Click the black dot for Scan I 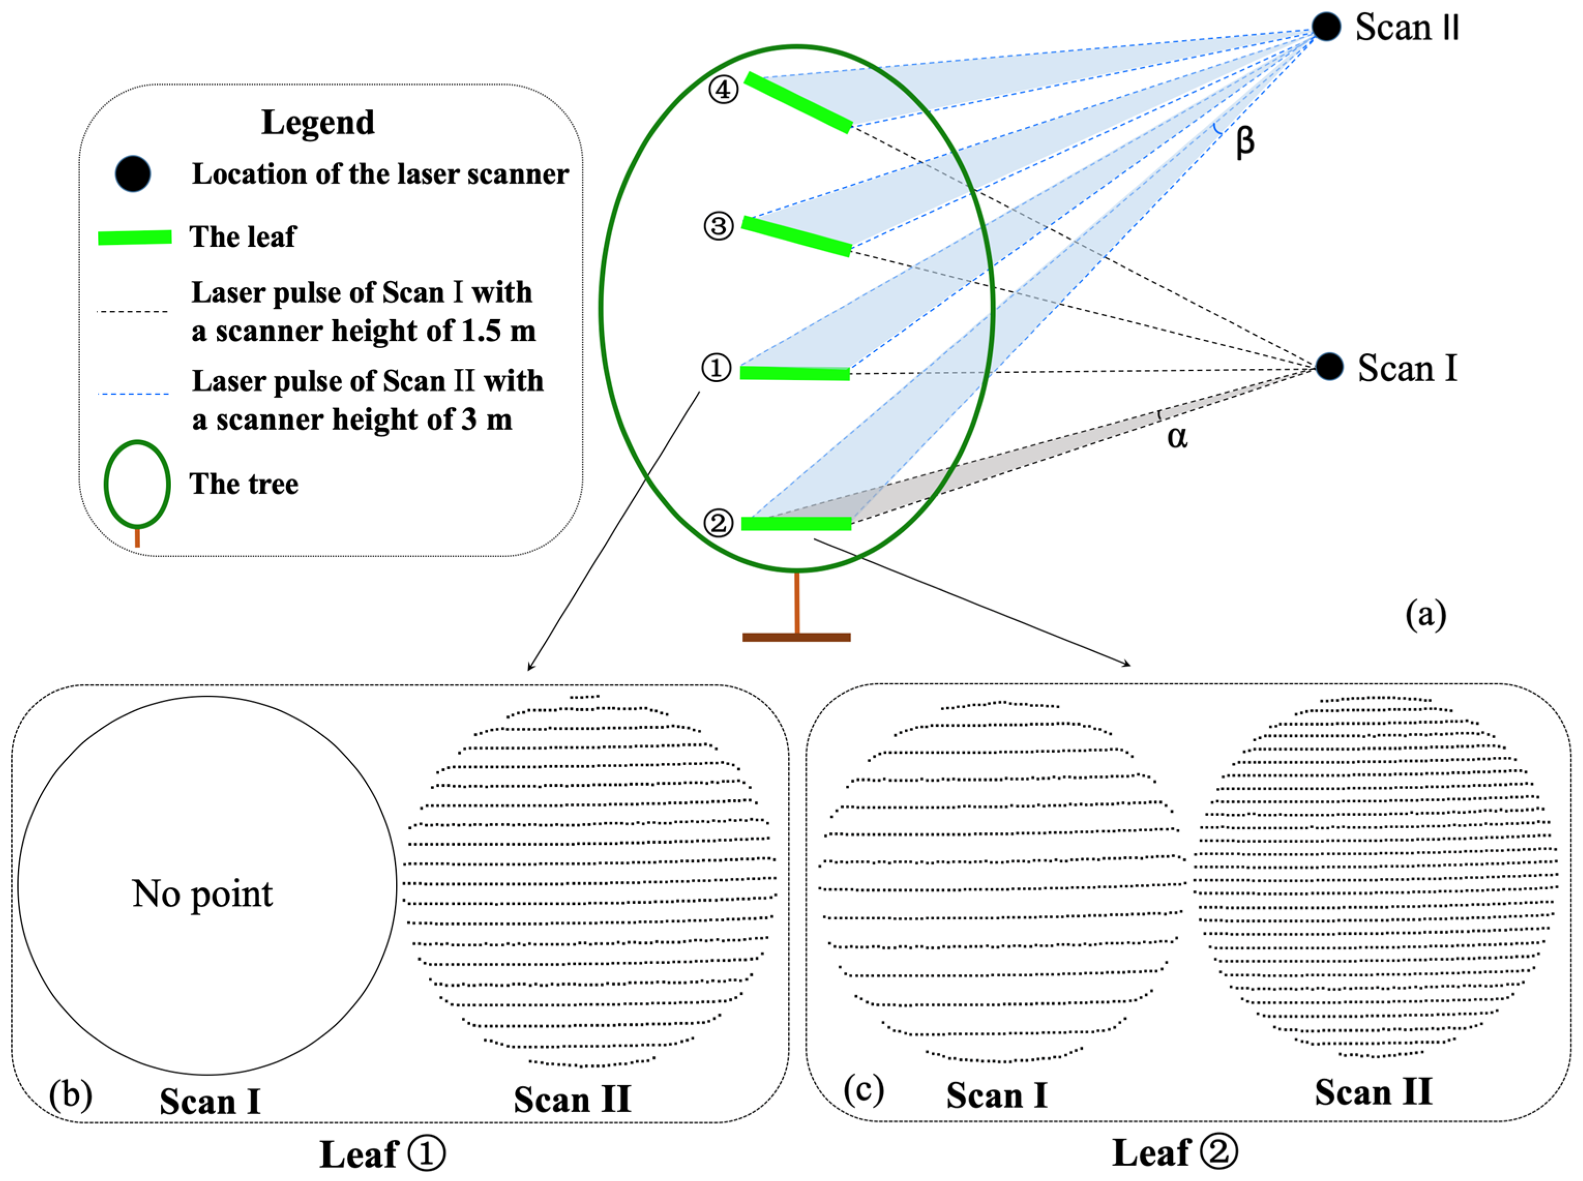coord(1328,367)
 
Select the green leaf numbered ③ coord(796,236)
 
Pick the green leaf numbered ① coord(795,372)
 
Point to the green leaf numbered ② coord(796,524)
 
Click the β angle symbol coord(1244,142)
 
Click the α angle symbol coord(1177,437)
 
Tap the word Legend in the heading coord(318,122)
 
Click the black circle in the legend coord(133,174)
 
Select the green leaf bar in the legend coord(135,238)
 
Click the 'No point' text coord(202,893)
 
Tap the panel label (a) coord(1425,614)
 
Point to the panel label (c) coord(863,1089)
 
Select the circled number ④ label coord(723,90)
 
